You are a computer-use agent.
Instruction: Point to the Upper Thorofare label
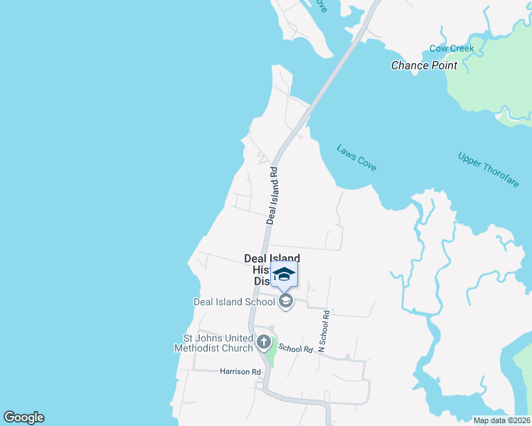point(489,170)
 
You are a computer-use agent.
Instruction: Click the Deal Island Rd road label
point(272,196)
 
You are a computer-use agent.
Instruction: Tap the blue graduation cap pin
point(284,275)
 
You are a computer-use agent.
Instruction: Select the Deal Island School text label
point(234,302)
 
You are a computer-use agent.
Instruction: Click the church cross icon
point(264,343)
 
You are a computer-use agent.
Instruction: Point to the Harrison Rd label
point(240,371)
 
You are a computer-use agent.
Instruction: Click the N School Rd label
point(324,332)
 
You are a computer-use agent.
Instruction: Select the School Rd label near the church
point(296,349)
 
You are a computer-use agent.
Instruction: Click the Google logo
point(23,417)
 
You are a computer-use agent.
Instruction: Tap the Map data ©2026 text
point(501,420)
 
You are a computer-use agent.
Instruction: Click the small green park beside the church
point(272,353)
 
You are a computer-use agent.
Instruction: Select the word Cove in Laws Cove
point(366,165)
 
